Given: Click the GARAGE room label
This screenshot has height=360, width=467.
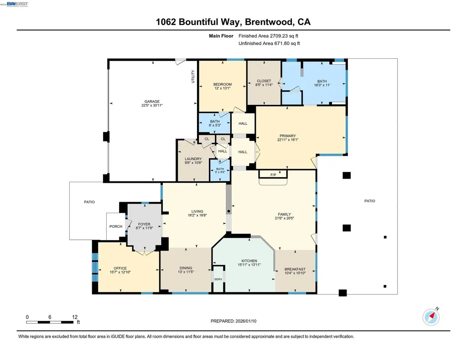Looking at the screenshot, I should point(152,102).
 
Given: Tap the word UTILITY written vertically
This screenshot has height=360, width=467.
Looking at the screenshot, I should point(193,76).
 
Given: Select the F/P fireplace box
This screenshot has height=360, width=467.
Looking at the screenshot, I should point(273,175).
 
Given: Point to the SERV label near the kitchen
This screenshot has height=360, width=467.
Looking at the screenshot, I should point(218,279).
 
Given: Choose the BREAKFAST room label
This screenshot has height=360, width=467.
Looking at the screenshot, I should point(295,269).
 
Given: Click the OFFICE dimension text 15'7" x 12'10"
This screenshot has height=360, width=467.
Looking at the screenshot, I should point(120,272).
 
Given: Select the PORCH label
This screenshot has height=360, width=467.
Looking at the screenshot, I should point(116,226).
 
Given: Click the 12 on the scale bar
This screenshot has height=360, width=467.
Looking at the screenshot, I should point(75,317).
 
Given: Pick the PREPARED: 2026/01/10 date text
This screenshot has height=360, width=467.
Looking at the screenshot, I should point(236,321).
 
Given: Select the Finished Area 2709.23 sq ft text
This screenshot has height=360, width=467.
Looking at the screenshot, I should point(269,36).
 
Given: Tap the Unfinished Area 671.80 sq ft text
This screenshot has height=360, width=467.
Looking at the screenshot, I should point(269,43).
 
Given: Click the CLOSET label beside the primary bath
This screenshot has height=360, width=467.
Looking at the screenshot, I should point(264,81).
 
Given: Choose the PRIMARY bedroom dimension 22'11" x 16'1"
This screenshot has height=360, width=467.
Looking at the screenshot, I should point(288,140).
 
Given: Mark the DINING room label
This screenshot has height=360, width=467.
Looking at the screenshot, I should point(186,268).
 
